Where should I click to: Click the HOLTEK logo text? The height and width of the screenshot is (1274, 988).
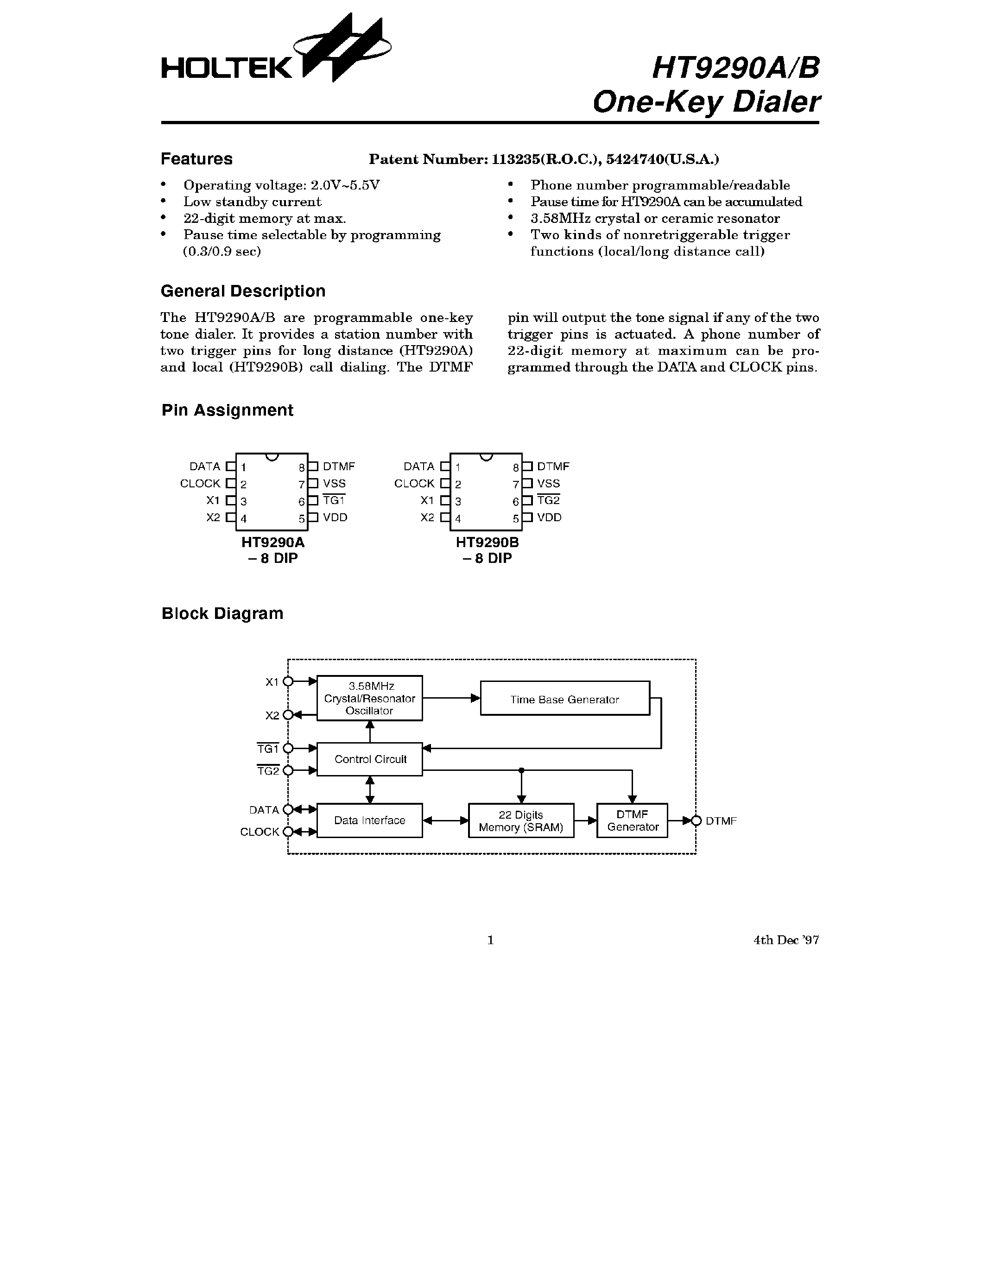point(227,68)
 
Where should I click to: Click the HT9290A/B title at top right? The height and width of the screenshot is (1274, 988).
point(735,68)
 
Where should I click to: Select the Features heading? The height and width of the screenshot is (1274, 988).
point(196,158)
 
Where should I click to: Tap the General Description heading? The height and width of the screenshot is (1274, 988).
point(243,291)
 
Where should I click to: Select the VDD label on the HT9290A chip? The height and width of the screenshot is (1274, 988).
point(335,517)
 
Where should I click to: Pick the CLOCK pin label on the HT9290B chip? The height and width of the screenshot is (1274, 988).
point(414,484)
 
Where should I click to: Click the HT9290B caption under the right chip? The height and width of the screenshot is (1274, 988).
point(488,542)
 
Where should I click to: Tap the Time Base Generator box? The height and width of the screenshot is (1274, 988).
point(564,699)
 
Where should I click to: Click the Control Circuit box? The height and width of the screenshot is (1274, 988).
point(369,759)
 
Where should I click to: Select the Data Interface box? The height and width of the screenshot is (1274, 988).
point(369,820)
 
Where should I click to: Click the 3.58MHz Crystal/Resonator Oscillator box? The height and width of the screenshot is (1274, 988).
point(369,698)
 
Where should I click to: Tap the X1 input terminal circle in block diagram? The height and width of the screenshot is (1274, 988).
point(288,681)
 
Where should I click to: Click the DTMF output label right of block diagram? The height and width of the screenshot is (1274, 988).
point(721,821)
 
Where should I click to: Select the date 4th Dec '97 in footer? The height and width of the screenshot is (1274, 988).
point(785,940)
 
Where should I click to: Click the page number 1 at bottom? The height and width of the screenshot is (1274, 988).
point(490,940)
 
